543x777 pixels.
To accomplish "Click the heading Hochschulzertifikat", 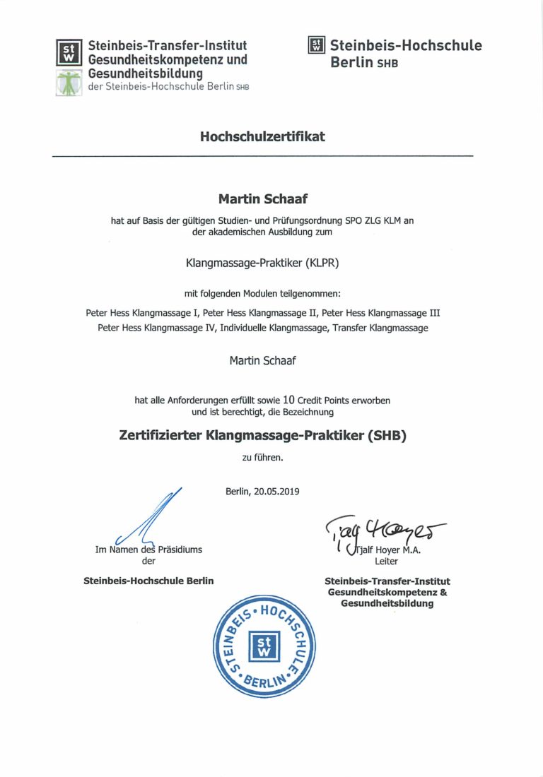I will pos(262,136).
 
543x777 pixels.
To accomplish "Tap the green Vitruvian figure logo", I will pos(69,82).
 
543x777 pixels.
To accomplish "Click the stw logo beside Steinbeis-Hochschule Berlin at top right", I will pos(316,46).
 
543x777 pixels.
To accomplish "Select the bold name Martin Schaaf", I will pos(262,200).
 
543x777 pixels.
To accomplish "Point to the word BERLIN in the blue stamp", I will pos(266,682).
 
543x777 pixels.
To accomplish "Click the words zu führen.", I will pos(262,457).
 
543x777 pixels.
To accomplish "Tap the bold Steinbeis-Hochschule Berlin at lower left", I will pos(148,581).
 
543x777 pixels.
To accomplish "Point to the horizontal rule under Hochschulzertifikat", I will pos(262,155).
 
